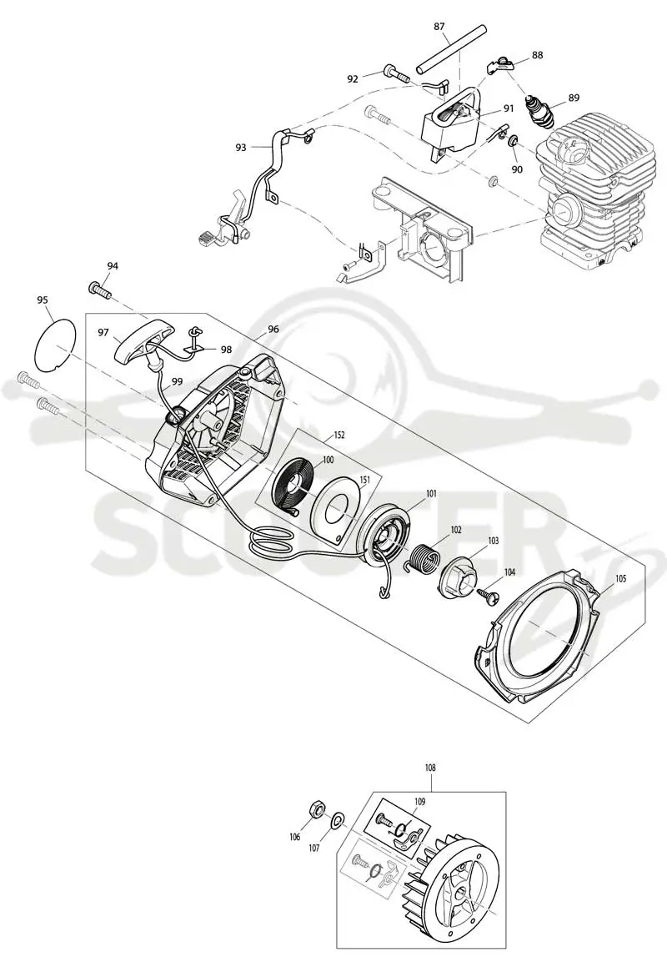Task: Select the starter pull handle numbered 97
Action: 138,340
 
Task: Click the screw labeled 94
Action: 100,290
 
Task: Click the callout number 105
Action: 620,579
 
